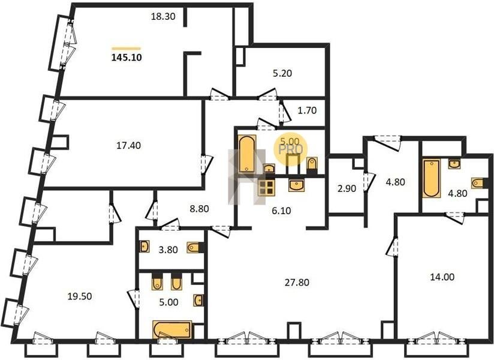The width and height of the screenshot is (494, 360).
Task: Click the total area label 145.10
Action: pyautogui.click(x=126, y=58)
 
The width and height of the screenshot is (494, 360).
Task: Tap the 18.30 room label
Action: pyautogui.click(x=163, y=16)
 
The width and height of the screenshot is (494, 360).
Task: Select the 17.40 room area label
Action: pyautogui.click(x=128, y=146)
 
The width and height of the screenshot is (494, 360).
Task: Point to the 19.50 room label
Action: pyautogui.click(x=80, y=296)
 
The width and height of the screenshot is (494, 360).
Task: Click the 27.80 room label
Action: pyautogui.click(x=297, y=283)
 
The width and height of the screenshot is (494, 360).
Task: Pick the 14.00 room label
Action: pyautogui.click(x=442, y=277)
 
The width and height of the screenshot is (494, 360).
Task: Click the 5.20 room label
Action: pyautogui.click(x=282, y=73)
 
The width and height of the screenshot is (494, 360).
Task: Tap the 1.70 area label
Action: pyautogui.click(x=307, y=110)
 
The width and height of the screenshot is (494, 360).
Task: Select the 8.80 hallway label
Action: pyautogui.click(x=200, y=209)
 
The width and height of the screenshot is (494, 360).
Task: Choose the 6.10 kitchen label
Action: pyautogui.click(x=281, y=211)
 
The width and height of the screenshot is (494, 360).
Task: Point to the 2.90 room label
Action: pyautogui.click(x=347, y=189)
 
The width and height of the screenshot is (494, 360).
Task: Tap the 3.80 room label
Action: pyautogui.click(x=168, y=250)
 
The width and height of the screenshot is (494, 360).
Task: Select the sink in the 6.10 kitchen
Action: pyautogui.click(x=297, y=185)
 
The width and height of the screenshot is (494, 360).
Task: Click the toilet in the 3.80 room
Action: pyautogui.click(x=194, y=247)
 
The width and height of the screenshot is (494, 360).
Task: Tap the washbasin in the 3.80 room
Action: pyautogui.click(x=144, y=247)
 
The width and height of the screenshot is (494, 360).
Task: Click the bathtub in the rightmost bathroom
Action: pyautogui.click(x=432, y=178)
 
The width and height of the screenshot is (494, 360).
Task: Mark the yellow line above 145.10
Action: pyautogui.click(x=126, y=48)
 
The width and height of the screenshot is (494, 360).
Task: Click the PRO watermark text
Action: pyautogui.click(x=291, y=149)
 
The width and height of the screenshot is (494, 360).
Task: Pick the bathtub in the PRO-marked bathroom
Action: pyautogui.click(x=248, y=154)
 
